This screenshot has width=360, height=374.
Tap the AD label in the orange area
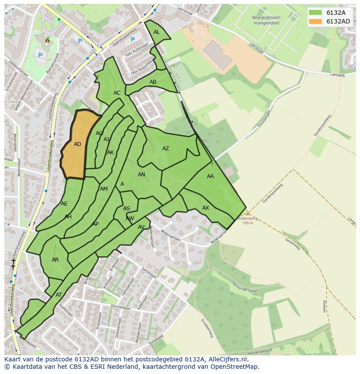pos(77,144)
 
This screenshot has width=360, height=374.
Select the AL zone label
pos(157,32)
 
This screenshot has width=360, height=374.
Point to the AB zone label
pos(153,82)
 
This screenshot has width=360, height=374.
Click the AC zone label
pos(117,93)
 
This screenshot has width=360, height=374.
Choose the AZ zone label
pos(166,149)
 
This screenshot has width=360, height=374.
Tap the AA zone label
pos(210,176)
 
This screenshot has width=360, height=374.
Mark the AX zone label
pos(206,208)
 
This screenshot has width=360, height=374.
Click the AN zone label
pos(141,175)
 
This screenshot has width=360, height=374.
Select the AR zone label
pos(55,260)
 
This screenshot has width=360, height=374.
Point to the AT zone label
pos(59,295)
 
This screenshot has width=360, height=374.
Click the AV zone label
pos(141,227)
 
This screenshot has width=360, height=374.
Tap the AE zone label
pos(64,204)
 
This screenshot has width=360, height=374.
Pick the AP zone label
pos(96,224)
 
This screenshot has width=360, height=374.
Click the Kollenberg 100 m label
pos(247,221)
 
